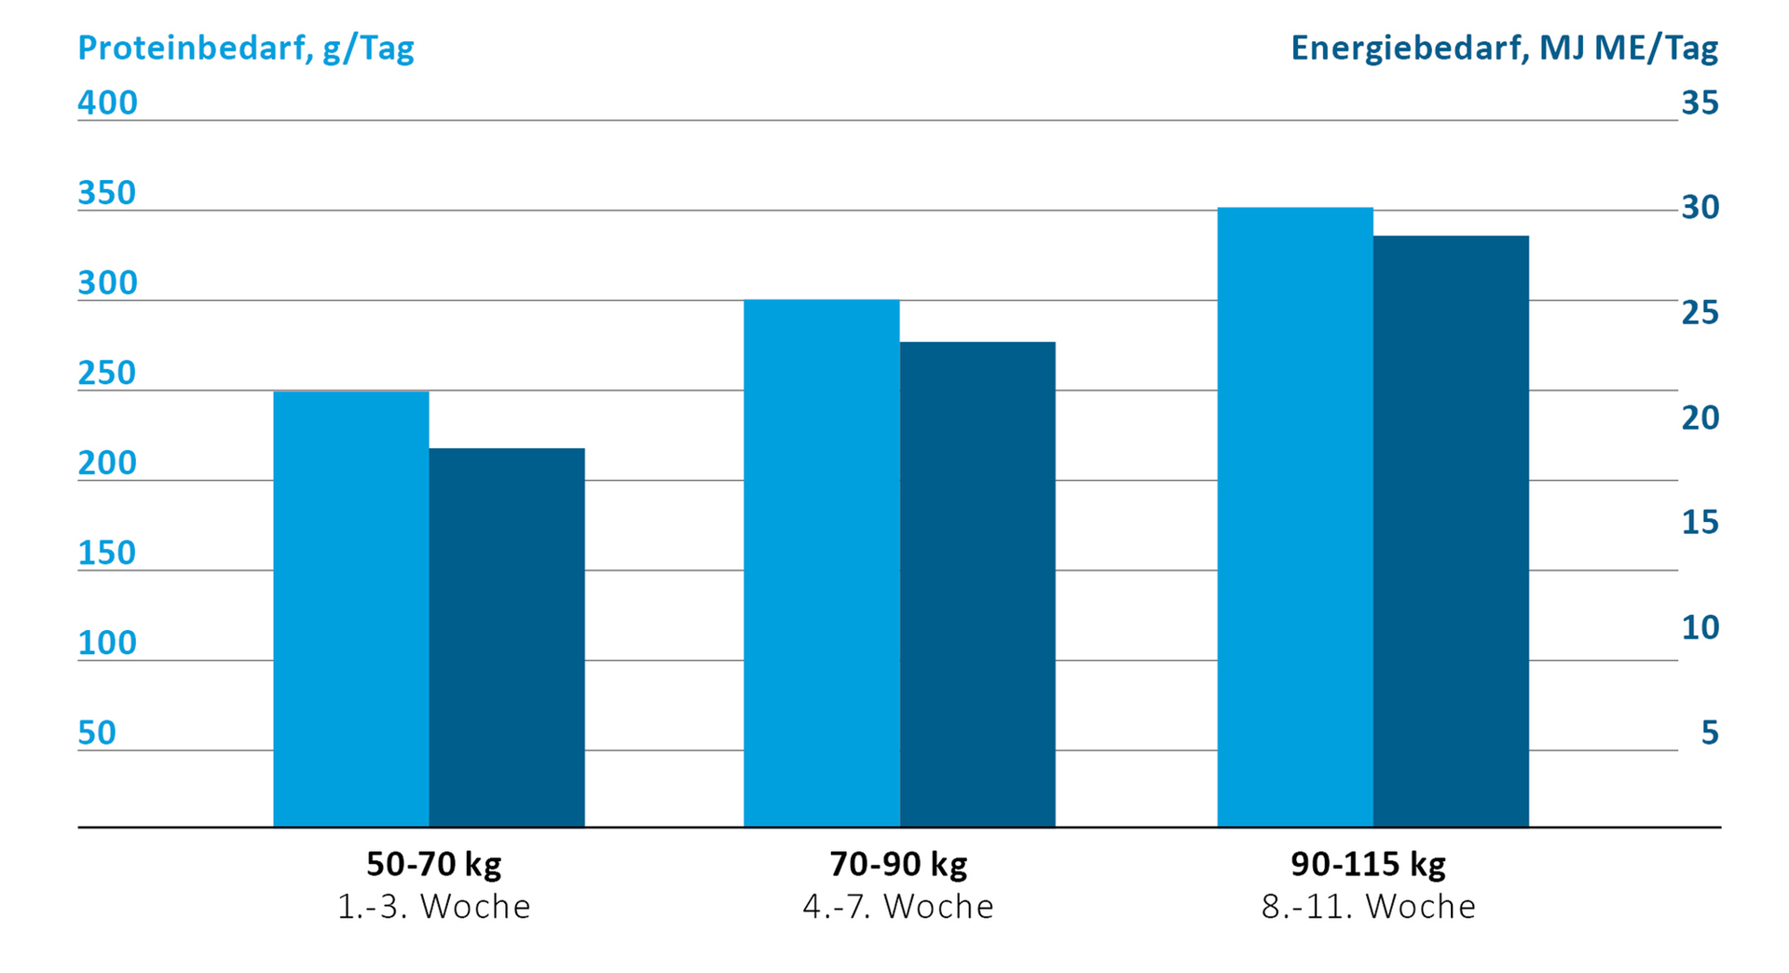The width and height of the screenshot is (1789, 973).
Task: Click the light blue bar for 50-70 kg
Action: (x=350, y=609)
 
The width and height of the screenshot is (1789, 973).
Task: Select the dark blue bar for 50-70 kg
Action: (x=507, y=637)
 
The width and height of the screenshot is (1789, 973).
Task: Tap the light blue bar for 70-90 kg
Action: (x=821, y=563)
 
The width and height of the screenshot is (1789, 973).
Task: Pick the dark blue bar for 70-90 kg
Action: (x=977, y=584)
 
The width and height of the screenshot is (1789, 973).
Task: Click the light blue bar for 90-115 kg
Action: (x=1294, y=517)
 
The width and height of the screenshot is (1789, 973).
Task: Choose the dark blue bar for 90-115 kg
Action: (x=1451, y=531)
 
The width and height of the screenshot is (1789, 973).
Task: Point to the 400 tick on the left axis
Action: (x=107, y=103)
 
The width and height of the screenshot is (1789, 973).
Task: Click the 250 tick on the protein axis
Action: (x=107, y=373)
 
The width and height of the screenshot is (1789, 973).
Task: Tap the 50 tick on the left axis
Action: (x=97, y=733)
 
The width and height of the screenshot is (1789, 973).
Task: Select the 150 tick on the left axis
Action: (x=107, y=553)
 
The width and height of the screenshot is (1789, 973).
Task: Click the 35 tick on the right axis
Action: (x=1700, y=103)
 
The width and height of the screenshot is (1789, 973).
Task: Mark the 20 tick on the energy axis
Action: (x=1700, y=418)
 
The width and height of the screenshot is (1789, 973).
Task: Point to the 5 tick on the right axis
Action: (x=1709, y=733)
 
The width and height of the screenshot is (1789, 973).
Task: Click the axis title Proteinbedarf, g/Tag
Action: (x=246, y=48)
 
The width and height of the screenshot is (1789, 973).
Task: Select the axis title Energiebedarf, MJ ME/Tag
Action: (x=1504, y=48)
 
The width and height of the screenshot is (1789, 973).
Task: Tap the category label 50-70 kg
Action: (x=433, y=864)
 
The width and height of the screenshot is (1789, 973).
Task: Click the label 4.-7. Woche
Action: (x=898, y=907)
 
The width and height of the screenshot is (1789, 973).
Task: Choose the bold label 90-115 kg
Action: (x=1368, y=864)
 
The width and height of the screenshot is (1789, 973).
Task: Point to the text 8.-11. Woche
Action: (x=1368, y=907)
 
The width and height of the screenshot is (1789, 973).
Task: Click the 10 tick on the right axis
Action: (x=1700, y=627)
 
